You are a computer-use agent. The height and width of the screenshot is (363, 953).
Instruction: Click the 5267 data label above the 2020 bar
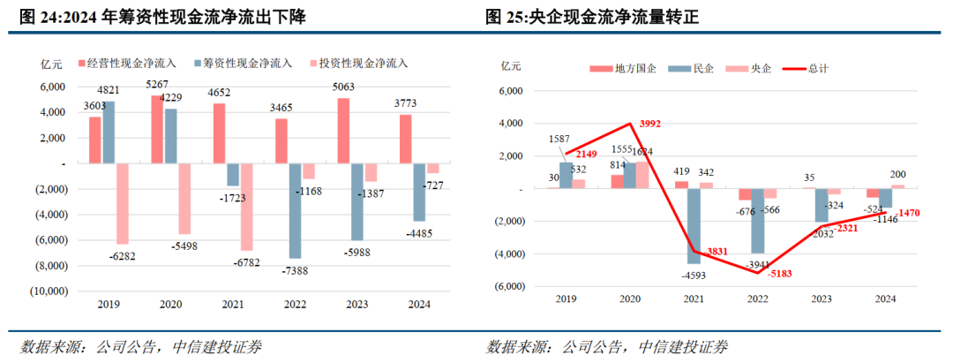158,85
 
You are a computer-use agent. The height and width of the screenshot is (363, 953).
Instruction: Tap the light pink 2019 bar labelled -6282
123,203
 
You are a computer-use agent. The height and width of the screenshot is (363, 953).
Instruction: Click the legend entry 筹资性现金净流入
247,64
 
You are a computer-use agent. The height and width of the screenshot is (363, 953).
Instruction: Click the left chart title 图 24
162,17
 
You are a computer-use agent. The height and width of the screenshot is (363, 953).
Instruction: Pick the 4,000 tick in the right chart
511,124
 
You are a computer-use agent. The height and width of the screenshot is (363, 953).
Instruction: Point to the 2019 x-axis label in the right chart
567,299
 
